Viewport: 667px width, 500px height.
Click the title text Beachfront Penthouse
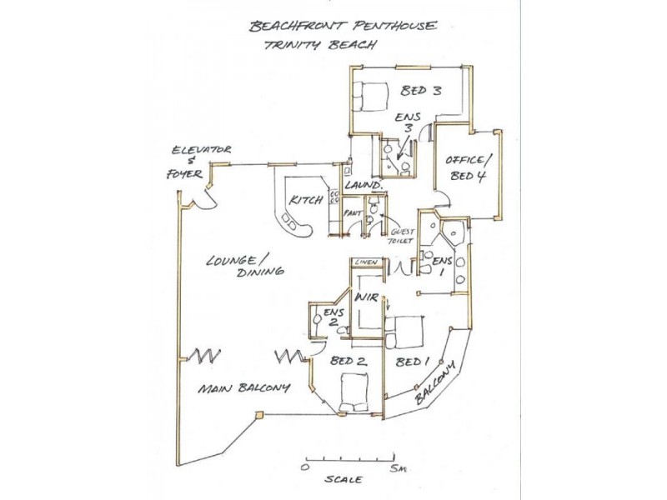coord(341,26)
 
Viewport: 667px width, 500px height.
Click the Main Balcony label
coord(243,388)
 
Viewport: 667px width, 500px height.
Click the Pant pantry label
coord(351,213)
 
